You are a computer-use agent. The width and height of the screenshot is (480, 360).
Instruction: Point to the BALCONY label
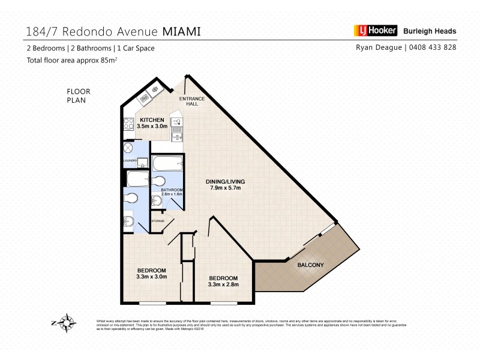click(310, 265)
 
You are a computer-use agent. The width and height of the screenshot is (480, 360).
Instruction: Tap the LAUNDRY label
click(130, 161)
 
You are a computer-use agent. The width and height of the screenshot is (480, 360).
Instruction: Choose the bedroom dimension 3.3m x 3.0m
click(151, 277)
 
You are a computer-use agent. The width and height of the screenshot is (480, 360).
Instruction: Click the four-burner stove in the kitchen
click(128, 124)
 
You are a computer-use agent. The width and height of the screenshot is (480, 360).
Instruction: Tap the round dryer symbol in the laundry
click(128, 148)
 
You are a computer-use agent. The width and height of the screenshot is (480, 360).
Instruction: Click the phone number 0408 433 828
click(432, 47)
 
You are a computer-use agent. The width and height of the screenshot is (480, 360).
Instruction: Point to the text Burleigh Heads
click(430, 31)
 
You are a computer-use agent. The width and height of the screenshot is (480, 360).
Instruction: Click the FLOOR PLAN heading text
click(78, 96)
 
